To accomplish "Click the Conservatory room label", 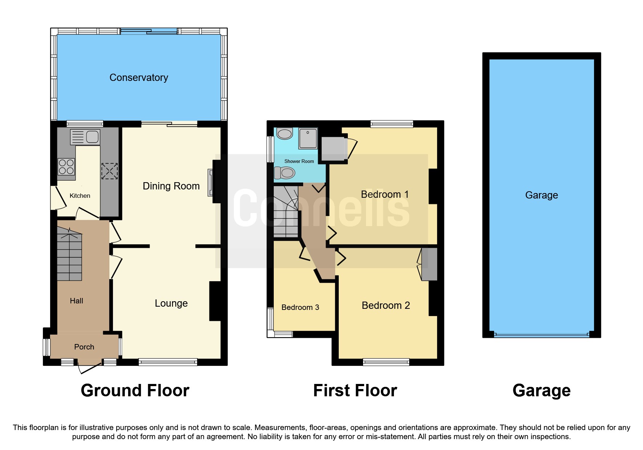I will [139, 78].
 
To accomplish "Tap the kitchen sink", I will [85, 137].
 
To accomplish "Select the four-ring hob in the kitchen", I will [66, 167].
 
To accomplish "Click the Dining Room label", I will [171, 186].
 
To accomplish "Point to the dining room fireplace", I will [211, 183].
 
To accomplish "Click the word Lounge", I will [171, 303].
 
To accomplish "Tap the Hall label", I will [76, 301].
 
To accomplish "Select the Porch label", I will [84, 347].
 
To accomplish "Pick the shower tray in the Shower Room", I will [308, 138].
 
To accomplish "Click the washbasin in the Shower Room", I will [285, 134].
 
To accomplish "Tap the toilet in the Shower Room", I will [284, 173].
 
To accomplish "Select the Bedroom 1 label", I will [384, 195].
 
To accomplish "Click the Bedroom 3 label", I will [300, 307].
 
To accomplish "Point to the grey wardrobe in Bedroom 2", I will [429, 264].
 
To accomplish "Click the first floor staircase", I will [286, 212].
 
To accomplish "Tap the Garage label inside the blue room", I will [541, 195].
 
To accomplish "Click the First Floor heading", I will [355, 391].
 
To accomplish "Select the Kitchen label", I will [80, 196].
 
